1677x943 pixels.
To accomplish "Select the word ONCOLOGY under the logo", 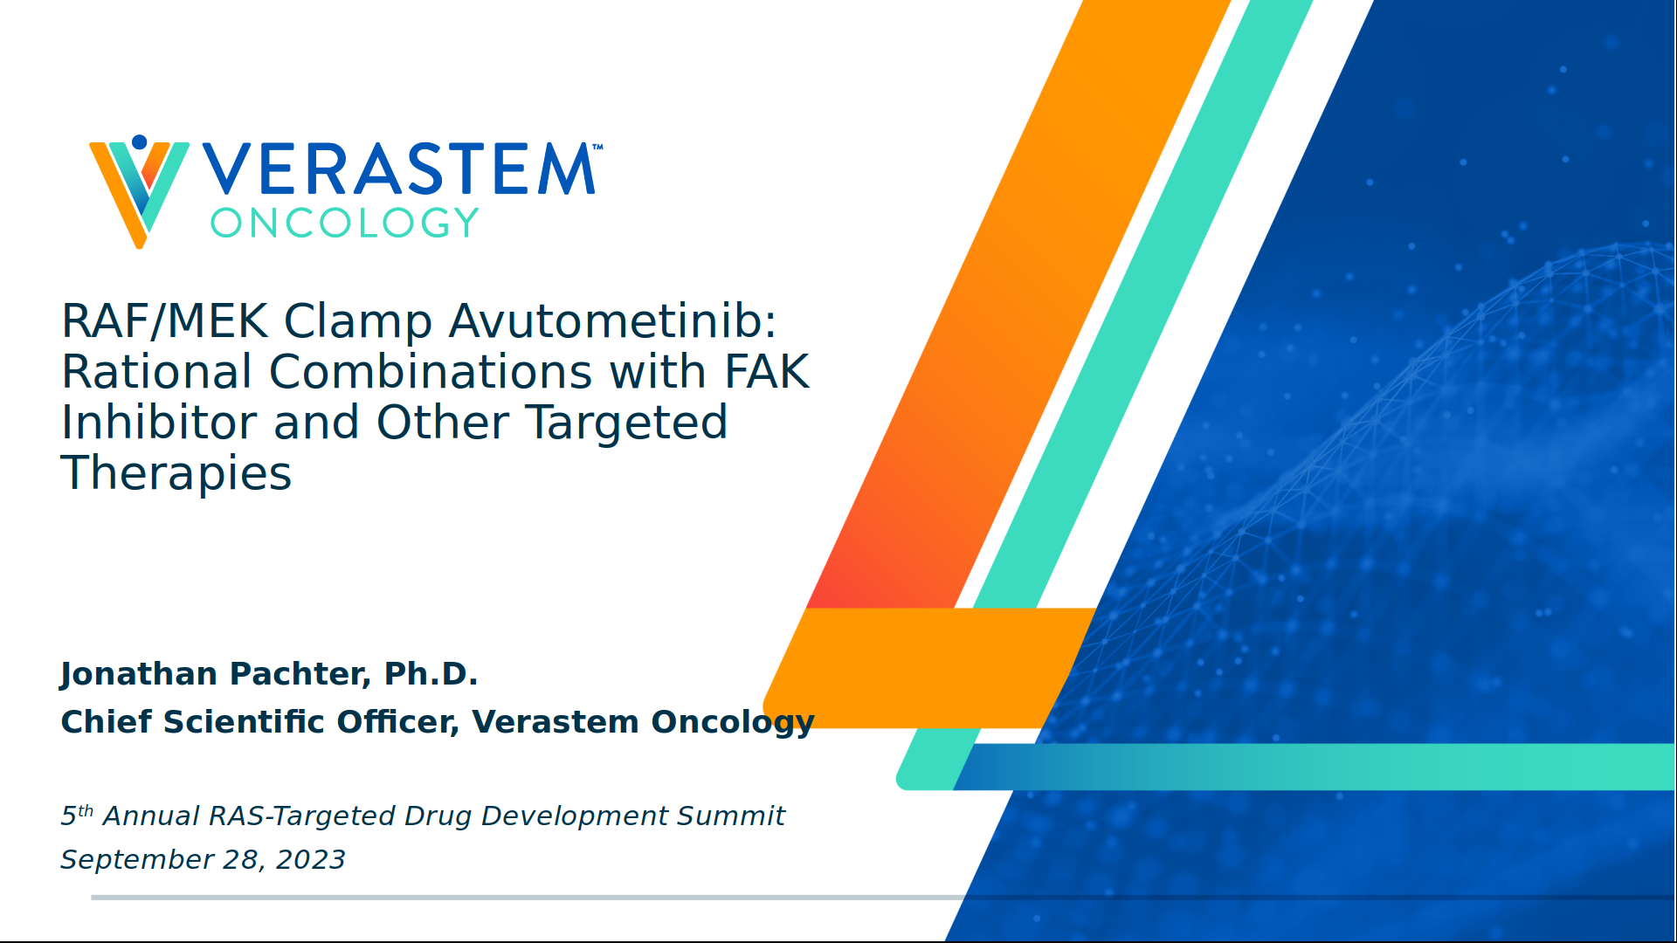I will click(344, 224).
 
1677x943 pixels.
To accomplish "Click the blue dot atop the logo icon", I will click(139, 141).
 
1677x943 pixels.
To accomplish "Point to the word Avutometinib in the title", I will click(612, 321).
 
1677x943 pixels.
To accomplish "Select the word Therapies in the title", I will click(176, 473).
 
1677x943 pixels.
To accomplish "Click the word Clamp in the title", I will click(358, 321).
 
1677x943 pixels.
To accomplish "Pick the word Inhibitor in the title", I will click(159, 423).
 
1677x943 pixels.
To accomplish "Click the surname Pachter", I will click(299, 674).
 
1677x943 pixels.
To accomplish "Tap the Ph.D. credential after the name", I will click(431, 674).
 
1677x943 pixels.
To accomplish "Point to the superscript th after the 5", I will click(86, 810).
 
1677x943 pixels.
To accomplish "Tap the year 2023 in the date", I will click(310, 860).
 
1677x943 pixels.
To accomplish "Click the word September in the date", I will click(136, 860).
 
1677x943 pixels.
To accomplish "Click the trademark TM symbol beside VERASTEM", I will click(597, 147).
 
